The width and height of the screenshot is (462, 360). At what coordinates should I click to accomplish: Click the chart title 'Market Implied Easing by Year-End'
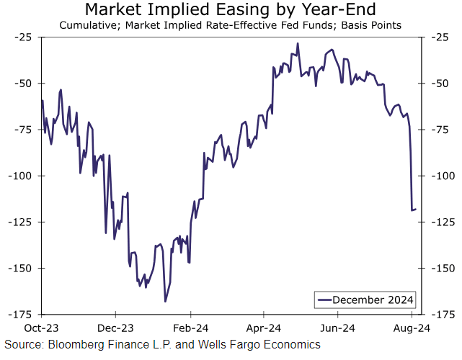[x=230, y=10]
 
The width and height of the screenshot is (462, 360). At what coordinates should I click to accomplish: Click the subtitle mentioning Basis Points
[x=230, y=27]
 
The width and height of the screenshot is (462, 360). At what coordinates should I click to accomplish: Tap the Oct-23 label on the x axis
[x=42, y=326]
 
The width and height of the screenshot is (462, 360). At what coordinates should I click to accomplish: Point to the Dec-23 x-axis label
[x=116, y=326]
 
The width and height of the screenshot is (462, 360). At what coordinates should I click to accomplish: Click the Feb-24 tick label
[x=190, y=326]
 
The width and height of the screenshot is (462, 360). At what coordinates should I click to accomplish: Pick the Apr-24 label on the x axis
[x=264, y=326]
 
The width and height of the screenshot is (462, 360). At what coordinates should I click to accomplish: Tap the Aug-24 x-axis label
[x=412, y=326]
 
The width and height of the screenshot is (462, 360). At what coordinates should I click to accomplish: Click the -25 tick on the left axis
[x=25, y=37]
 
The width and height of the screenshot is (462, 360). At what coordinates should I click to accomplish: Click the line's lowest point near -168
[x=165, y=302]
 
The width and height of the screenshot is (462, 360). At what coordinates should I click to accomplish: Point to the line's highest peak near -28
[x=297, y=43]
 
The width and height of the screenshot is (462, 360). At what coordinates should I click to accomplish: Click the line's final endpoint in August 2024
[x=415, y=210]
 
